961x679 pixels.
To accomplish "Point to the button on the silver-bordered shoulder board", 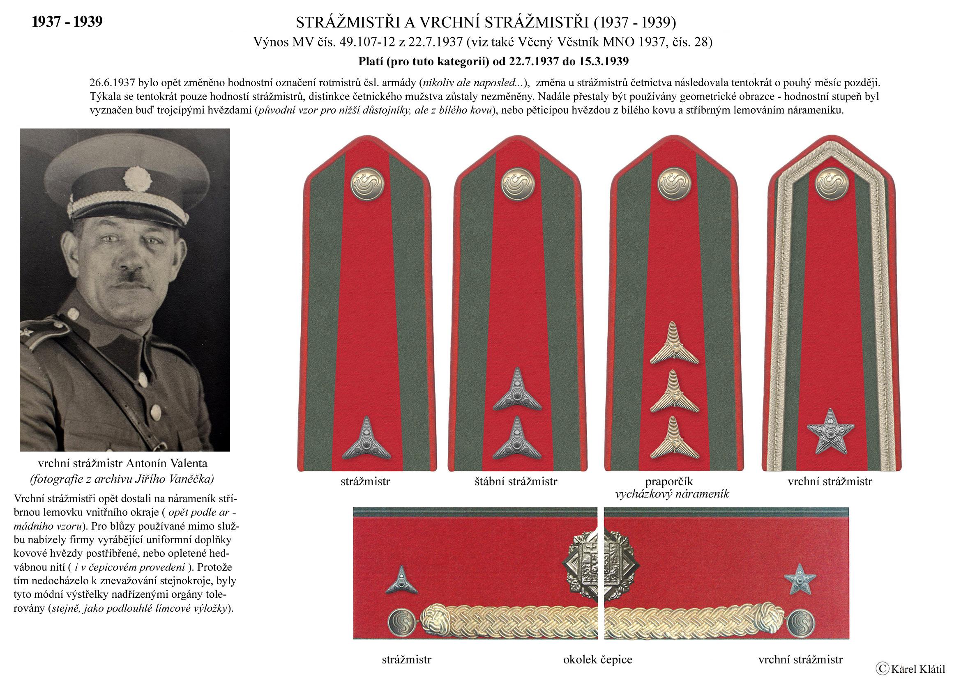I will coord(831,184).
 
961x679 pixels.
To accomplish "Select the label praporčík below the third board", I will coord(669,481).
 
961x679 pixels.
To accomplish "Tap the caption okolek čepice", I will coord(597,660).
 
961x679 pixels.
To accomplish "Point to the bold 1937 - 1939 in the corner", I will coord(67,22).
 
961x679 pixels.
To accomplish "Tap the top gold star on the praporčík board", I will coord(674,344).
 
